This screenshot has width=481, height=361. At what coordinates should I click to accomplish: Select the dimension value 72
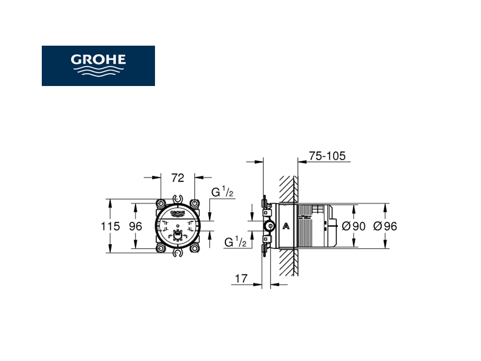tap(178, 178)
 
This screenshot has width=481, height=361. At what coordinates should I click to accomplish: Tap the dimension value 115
tap(110, 226)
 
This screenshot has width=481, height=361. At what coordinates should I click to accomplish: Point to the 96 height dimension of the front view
tap(136, 226)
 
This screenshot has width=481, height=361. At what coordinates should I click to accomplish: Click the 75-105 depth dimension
tap(327, 156)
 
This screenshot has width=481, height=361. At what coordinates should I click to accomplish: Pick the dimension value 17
tap(241, 278)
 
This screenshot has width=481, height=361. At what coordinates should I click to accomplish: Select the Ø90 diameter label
tap(354, 226)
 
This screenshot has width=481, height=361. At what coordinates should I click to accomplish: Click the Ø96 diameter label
tap(385, 226)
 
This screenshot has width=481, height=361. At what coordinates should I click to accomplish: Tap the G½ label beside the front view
tap(223, 192)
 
